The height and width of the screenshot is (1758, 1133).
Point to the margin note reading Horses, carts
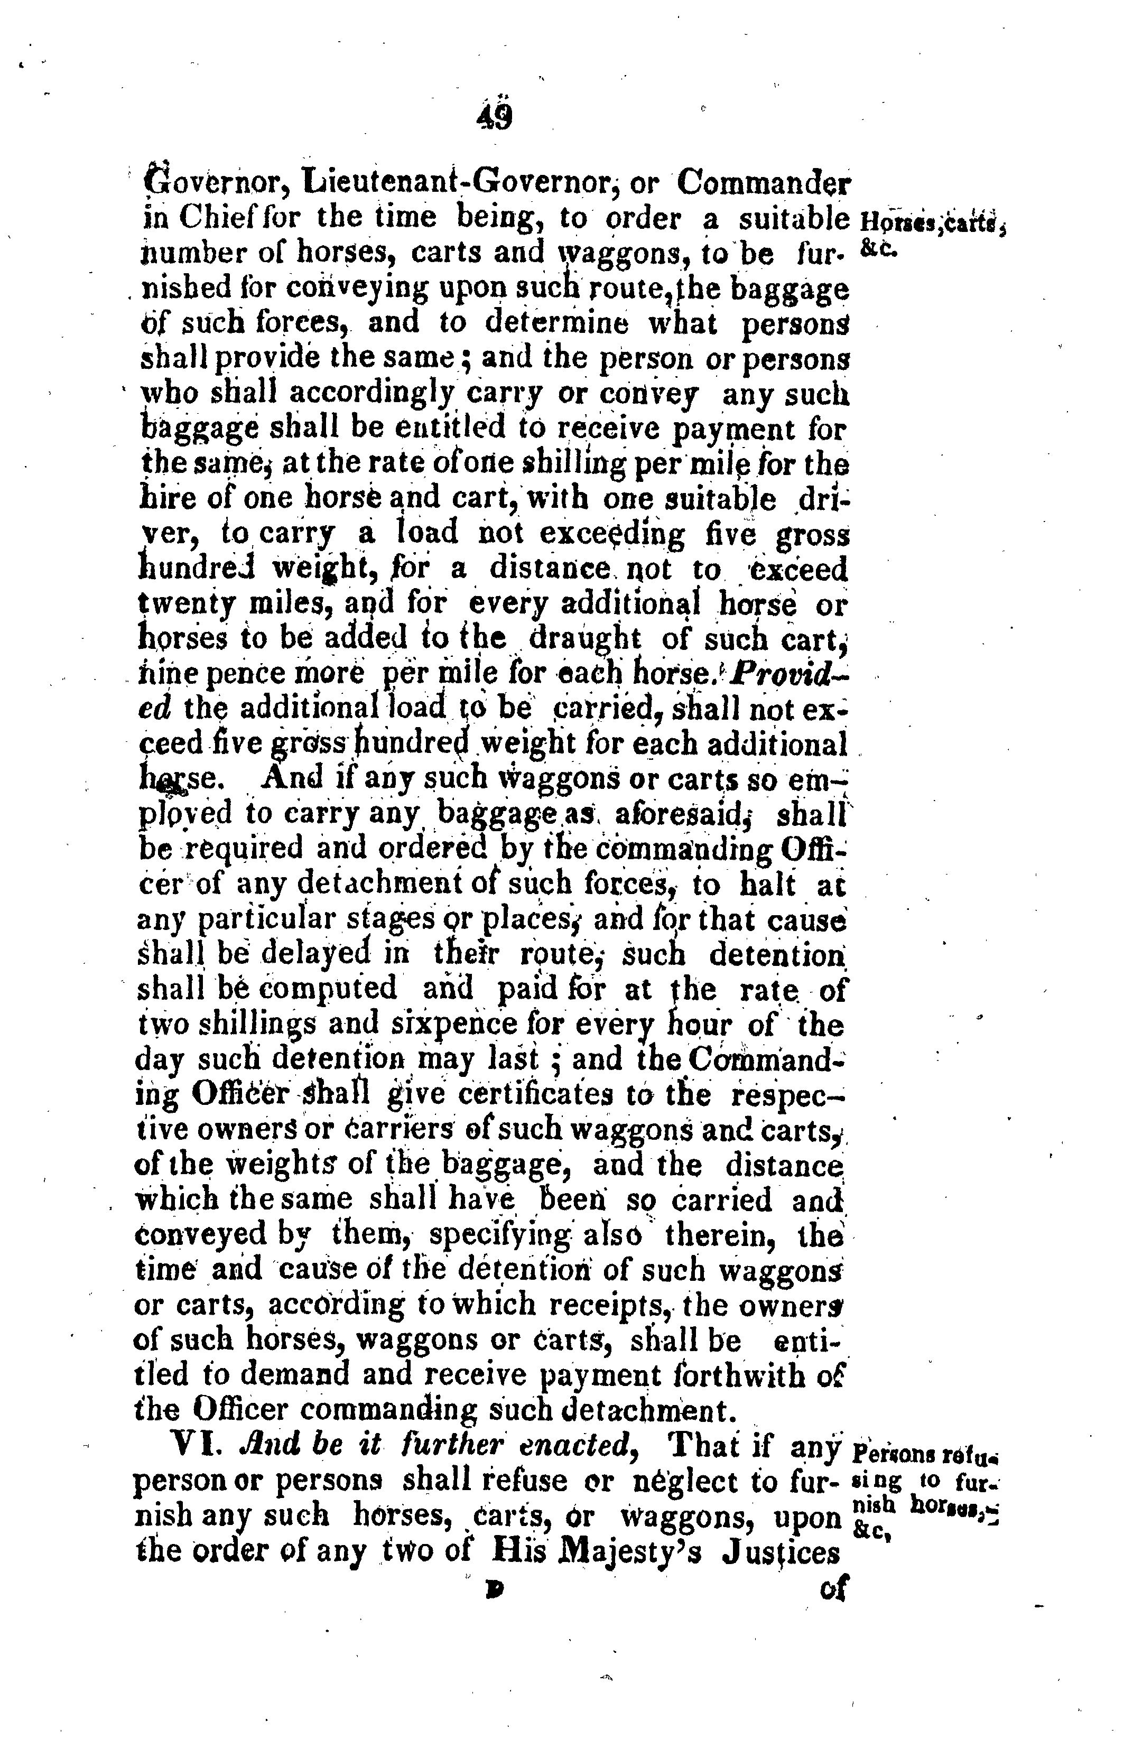pos(931,220)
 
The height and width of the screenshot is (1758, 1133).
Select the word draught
pos(586,638)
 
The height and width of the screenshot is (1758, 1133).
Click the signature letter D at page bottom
pos(494,1589)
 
